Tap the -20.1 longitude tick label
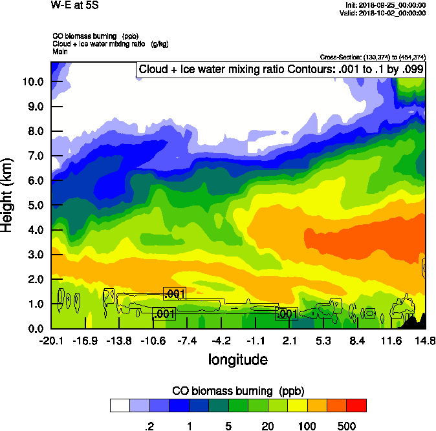click(50, 341)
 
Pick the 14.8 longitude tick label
click(425, 341)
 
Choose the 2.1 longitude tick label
click(289, 341)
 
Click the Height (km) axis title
click(8, 194)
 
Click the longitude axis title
click(237, 359)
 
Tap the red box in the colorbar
click(356, 405)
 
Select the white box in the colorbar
click(119, 405)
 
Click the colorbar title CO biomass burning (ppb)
click(237, 391)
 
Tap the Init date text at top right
click(385, 5)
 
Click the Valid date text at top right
click(385, 13)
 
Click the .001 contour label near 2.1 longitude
click(287, 314)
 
